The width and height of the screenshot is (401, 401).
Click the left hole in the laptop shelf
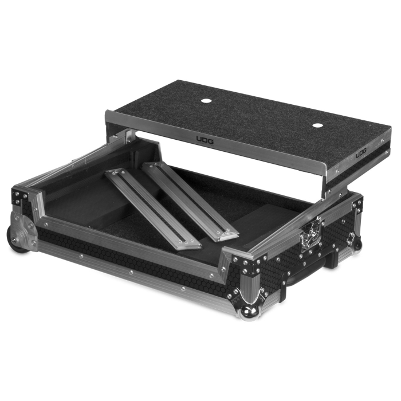206,101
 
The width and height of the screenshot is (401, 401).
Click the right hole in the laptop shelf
318,125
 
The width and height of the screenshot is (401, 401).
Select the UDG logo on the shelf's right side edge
361,153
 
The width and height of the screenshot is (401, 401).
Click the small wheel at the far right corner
356,243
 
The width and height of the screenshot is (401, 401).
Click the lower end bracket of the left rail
186,245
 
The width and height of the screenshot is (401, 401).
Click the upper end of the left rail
116,172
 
